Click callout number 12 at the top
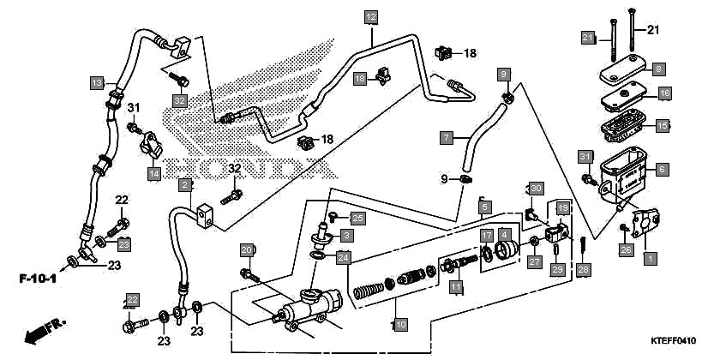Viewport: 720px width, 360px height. point(370,17)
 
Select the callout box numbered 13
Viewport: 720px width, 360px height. point(98,83)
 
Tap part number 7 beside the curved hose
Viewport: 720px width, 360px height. point(446,136)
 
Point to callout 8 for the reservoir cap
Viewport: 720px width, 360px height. point(658,69)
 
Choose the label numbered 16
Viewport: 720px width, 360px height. point(663,93)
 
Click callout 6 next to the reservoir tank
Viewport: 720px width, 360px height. point(662,170)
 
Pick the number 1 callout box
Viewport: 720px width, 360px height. point(649,256)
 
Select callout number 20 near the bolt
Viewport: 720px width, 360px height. point(246,250)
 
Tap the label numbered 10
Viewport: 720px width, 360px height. point(399,325)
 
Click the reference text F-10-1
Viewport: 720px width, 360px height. point(39,279)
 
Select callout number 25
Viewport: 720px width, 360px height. point(357,218)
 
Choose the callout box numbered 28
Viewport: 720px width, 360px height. point(584,270)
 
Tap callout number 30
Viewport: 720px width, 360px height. point(535,188)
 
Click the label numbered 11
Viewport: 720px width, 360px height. point(456,286)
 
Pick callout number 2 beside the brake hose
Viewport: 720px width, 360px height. point(184,184)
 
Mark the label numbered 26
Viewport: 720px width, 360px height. point(626,250)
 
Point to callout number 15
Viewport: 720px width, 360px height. point(662,125)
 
